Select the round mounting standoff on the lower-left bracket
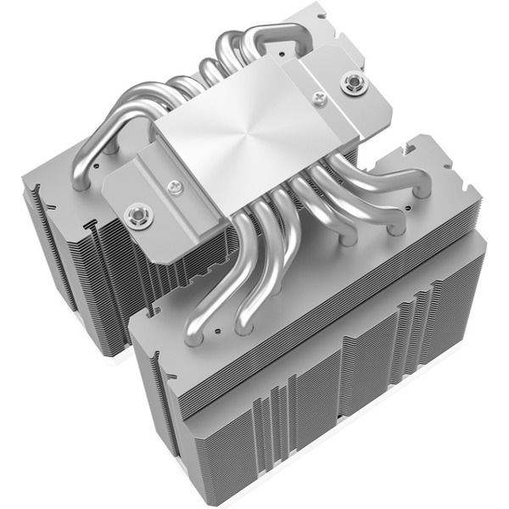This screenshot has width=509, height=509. [135, 216]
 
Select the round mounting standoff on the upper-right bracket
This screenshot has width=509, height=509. [350, 83]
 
